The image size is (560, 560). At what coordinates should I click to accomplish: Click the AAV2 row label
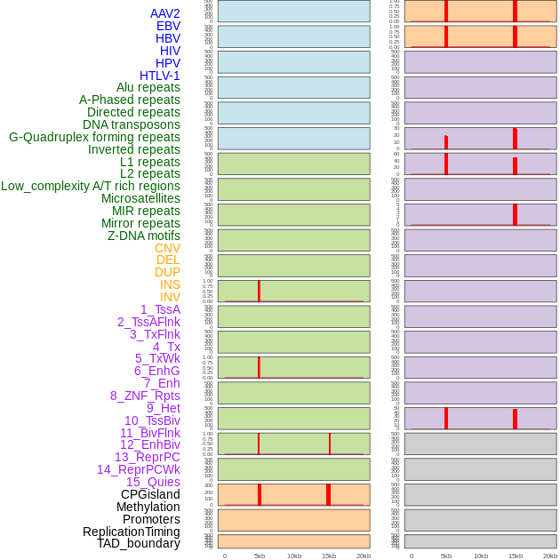164,13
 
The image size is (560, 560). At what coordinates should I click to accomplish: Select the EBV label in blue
168,26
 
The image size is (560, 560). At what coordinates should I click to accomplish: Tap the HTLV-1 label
159,76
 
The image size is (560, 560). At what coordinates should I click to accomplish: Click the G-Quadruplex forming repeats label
94,137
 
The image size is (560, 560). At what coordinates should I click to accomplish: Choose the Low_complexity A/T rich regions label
91,186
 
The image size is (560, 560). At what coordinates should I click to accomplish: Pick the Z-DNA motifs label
144,236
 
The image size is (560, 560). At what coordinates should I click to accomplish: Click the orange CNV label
167,248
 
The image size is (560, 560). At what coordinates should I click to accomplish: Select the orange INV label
170,297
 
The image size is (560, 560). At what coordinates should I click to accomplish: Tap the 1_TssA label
160,309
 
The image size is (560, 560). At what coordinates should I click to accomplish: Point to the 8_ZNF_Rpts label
145,396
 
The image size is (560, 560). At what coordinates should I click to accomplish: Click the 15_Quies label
153,482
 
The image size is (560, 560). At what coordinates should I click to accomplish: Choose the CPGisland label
150,494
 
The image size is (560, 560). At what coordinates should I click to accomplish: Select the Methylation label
148,507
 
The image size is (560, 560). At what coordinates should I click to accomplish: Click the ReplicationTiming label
131,532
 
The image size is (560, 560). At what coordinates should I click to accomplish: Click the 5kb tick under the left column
260,556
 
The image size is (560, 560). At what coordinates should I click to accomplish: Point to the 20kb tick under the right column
550,556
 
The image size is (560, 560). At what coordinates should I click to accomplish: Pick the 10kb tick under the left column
294,556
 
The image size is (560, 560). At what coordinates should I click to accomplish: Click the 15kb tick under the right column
516,556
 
